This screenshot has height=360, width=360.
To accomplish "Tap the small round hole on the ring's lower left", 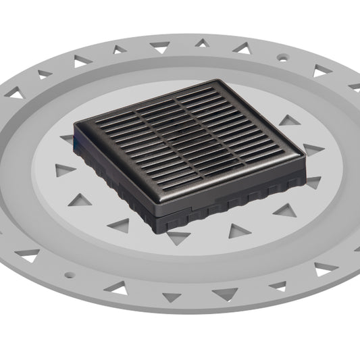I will (x=67, y=274).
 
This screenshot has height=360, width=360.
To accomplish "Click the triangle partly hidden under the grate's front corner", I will (x=178, y=237).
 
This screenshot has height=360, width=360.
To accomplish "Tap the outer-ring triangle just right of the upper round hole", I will (x=320, y=70).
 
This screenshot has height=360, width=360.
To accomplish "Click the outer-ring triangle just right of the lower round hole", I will (x=118, y=289).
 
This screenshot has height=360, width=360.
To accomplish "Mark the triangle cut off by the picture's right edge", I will (x=355, y=86).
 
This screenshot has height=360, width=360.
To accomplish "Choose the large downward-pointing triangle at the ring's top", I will (x=160, y=47).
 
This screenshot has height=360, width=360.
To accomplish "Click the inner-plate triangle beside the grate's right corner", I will (x=313, y=182).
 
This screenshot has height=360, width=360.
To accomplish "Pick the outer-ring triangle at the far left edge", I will (x=15, y=94).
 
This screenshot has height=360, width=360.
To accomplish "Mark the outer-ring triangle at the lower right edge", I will (x=326, y=267).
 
